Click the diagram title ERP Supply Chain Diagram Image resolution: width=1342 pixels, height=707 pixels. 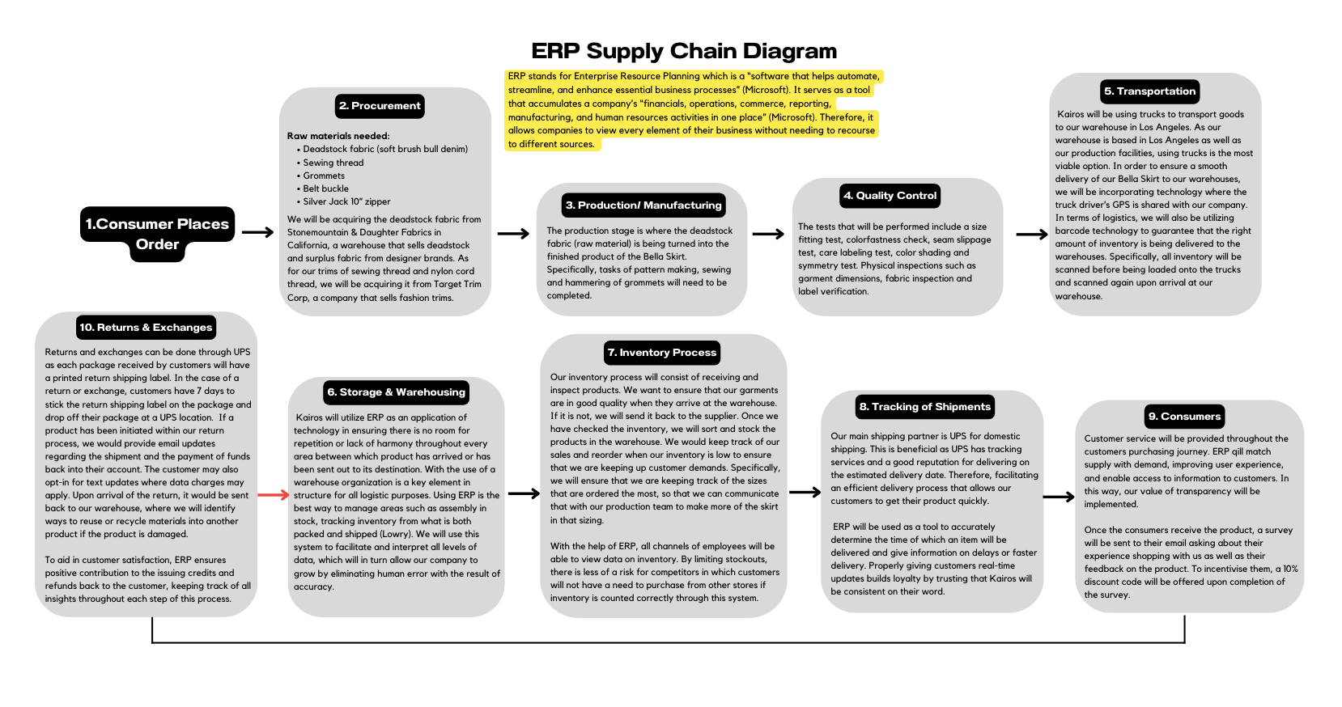coord(684,51)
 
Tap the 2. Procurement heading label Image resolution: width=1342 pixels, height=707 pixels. coord(380,106)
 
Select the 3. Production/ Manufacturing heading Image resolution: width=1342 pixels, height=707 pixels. coord(643,205)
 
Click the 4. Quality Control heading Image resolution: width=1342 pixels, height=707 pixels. coord(890,196)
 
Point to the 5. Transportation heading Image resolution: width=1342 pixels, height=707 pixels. coord(1149,91)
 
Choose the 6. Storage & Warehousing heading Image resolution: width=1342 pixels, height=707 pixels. coord(396,392)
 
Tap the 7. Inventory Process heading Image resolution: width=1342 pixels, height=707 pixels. coord(662,353)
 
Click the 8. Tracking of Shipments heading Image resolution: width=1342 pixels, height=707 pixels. coord(925,407)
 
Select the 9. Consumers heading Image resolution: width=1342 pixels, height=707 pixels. coord(1184,417)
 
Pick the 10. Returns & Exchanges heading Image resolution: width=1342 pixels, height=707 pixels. coord(146,328)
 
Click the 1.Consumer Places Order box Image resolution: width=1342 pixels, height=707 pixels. coord(158,234)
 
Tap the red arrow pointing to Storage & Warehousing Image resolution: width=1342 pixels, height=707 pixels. coord(273,494)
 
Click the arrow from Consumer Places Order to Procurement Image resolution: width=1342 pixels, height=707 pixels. coord(257,233)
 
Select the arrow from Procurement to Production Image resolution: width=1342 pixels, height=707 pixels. coord(513,234)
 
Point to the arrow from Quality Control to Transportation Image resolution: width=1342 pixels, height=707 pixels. coord(1032,235)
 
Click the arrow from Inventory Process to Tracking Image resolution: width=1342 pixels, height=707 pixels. coord(805,492)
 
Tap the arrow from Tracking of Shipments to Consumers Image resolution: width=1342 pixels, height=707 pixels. coord(1059,497)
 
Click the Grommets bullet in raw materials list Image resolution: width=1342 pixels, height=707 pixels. coord(324,176)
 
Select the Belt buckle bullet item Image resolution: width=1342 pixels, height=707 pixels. coord(325,188)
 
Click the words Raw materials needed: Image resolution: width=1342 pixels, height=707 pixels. coord(338,136)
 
